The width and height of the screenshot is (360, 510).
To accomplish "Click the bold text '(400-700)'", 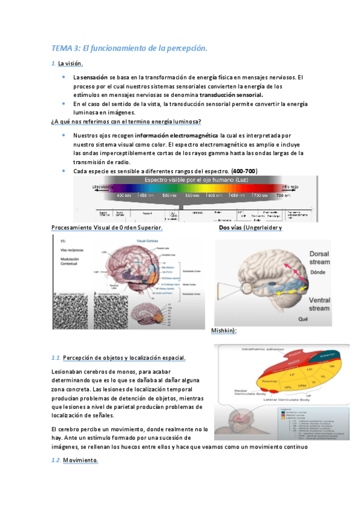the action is coord(245,171).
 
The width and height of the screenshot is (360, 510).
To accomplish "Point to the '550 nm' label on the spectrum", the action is coord(192,195).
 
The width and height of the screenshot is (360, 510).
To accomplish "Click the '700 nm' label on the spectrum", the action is coord(260,195).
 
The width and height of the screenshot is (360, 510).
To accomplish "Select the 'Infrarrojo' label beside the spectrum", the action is coord(290,187).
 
